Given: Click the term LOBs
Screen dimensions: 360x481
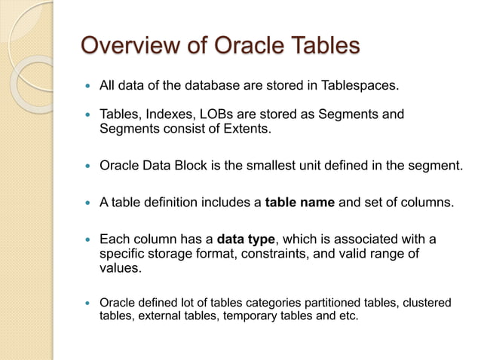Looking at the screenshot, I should click(218, 114).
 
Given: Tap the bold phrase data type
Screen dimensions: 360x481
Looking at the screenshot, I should click(247, 239).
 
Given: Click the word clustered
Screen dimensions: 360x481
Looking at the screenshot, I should click(426, 303).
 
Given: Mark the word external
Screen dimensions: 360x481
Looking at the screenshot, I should click(154, 316).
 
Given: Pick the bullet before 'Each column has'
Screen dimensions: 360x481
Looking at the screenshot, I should click(89, 240).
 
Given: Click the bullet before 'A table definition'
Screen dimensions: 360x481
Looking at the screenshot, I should click(89, 203).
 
